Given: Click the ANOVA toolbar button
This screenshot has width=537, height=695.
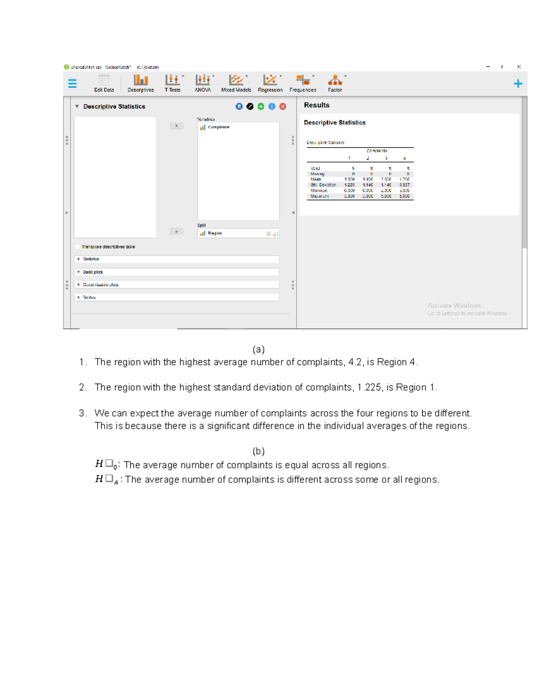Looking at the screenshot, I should coord(203,83).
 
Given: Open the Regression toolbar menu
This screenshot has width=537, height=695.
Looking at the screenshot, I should coord(270,83).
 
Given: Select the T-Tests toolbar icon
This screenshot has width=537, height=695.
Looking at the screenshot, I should coord(173,83).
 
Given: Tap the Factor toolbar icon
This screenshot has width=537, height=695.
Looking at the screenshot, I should coord(335,83).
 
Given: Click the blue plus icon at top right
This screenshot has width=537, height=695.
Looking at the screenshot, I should coord(518,84).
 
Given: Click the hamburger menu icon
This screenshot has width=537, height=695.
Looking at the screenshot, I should coord(72,84).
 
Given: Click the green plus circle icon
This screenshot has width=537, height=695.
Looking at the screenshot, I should coord(261,107).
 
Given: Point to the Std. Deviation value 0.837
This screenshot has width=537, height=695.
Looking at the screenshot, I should coord(404,185).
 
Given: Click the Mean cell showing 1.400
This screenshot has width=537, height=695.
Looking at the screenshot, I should coord(367,179).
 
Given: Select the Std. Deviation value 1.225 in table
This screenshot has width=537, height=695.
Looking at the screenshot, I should coord(349,185).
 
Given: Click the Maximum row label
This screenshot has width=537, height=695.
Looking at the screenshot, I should coord(320,196).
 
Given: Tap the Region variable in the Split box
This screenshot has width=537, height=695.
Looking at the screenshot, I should coord(215,233).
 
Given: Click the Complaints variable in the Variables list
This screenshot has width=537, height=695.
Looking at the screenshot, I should coord(218,127).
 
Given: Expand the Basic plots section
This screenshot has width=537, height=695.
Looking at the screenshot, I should coord(93,272).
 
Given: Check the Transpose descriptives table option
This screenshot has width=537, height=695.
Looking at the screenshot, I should coord(78,247).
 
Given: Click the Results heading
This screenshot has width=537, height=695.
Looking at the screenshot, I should coord(316,105).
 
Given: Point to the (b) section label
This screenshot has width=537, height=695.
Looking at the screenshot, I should coord(258,451).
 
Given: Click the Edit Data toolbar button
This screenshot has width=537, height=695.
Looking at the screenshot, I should coord(104,83).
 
